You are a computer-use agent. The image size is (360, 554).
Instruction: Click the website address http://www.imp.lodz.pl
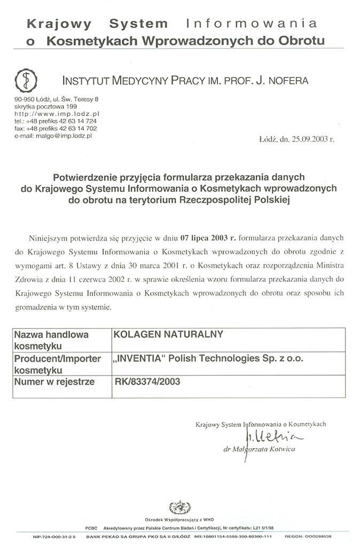57,114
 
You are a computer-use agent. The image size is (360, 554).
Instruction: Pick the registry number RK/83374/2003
147,381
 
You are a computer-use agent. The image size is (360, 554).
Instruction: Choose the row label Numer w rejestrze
54,381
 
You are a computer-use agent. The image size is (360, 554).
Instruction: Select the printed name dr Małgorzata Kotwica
259,449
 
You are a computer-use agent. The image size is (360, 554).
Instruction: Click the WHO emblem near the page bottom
179,507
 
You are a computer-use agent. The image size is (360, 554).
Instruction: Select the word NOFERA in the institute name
285,81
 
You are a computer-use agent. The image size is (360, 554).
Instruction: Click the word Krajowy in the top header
59,24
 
